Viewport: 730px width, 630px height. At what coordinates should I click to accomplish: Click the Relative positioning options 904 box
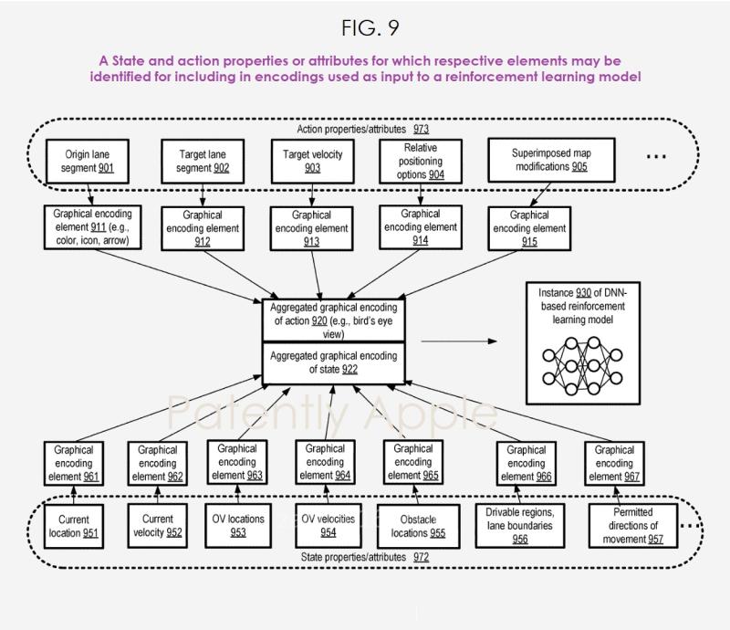click(420, 161)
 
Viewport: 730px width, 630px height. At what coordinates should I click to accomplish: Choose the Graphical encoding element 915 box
click(529, 228)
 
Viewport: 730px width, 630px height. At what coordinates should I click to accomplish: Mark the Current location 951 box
click(74, 526)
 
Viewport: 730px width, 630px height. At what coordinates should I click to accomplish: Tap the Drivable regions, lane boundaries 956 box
click(520, 526)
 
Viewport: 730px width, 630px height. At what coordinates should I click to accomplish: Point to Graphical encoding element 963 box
click(237, 462)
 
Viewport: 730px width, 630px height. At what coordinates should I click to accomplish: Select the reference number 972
click(421, 556)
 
